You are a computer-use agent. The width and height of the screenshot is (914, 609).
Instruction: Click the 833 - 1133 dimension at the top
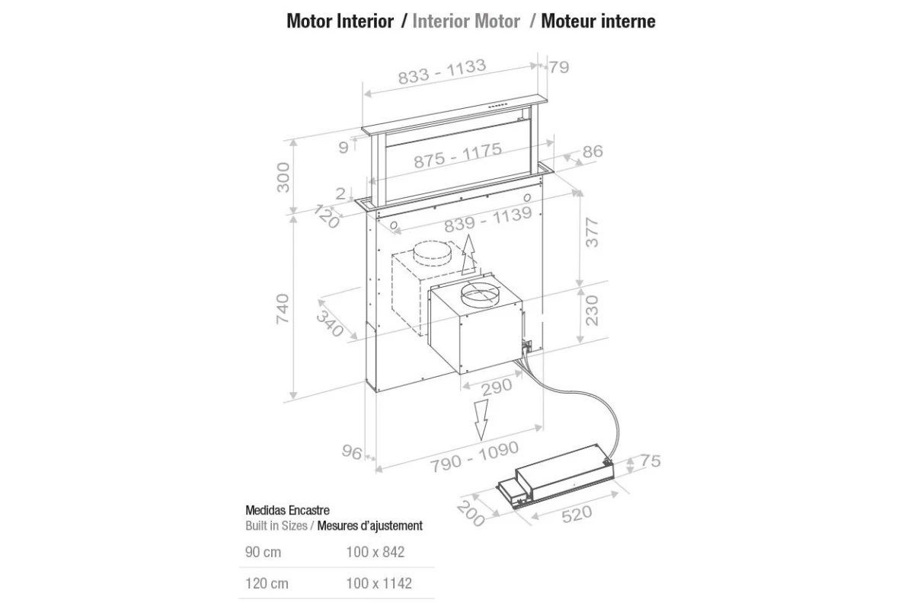[442, 72]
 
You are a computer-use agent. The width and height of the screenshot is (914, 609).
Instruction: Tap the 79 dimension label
[558, 67]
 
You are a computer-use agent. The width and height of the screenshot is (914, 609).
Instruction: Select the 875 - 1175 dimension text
[458, 155]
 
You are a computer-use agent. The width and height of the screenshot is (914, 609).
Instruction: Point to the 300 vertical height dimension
[283, 177]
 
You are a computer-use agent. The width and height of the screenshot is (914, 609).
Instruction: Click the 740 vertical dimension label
[283, 309]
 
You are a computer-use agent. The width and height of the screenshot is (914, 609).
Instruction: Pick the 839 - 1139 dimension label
[488, 219]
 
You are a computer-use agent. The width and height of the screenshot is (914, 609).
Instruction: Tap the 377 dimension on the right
[592, 232]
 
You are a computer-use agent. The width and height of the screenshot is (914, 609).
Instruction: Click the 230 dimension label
[592, 311]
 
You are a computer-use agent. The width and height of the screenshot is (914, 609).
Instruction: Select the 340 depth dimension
[330, 324]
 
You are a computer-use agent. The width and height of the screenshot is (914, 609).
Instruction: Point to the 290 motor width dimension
[497, 387]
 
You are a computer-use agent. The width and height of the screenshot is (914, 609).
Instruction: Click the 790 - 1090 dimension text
[475, 457]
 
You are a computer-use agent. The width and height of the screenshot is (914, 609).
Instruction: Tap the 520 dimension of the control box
[577, 515]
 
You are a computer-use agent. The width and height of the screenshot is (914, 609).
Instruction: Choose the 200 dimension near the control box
[471, 514]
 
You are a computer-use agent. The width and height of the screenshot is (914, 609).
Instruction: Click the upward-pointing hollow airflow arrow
[469, 255]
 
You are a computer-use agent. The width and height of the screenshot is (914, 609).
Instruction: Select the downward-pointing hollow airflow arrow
[481, 419]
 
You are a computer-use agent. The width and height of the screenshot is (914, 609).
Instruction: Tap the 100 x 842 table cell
[376, 552]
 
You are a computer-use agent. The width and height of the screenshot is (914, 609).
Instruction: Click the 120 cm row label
[267, 583]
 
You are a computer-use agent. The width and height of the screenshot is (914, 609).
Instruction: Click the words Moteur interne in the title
[598, 21]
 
